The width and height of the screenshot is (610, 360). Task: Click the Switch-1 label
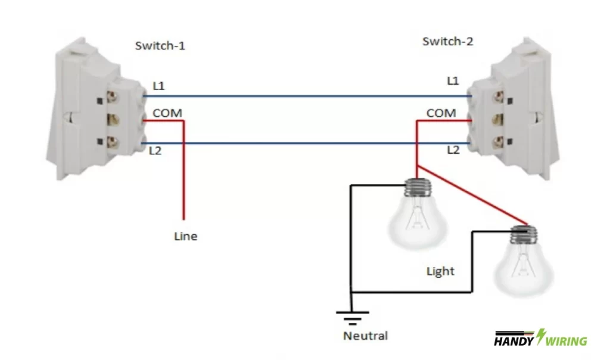point(160,46)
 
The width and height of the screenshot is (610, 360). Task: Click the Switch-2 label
point(447,41)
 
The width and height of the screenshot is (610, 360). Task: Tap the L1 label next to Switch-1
point(158,86)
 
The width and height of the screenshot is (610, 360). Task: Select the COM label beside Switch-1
point(167,113)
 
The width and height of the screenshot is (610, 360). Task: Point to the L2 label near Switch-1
point(155,151)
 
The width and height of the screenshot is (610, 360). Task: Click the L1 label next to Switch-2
point(453,80)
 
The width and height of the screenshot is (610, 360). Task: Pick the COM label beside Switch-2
point(441,113)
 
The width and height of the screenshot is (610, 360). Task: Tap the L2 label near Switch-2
point(453,150)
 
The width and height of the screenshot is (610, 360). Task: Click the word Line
point(185,236)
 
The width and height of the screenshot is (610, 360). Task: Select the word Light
point(440,271)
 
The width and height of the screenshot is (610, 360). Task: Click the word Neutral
point(365,336)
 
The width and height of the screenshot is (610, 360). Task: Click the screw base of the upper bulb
point(419,188)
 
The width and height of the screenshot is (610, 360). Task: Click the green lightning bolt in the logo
point(541,337)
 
